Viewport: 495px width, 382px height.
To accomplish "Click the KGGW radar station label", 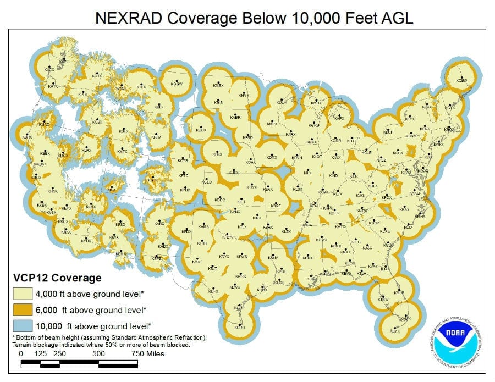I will coord(177,84).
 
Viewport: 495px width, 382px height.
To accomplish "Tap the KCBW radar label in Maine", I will coord(462,81).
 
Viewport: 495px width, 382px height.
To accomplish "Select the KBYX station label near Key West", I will coord(395,331).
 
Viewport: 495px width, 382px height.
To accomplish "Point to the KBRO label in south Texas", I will coord(239,327).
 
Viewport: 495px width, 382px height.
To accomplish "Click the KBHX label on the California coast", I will coord(26,137).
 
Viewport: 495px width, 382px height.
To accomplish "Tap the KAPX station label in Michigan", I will coord(339,118).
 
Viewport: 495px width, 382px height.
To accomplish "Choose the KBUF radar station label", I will coord(388,132).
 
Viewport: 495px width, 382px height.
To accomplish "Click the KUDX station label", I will coord(201,130).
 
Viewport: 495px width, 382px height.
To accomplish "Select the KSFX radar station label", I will coord(124,131).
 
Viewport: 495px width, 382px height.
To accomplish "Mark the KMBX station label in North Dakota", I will coord(218,86).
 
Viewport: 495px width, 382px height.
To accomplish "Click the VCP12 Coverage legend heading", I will coord(57,278).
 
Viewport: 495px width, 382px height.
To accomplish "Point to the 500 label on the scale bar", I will coord(98,353).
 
